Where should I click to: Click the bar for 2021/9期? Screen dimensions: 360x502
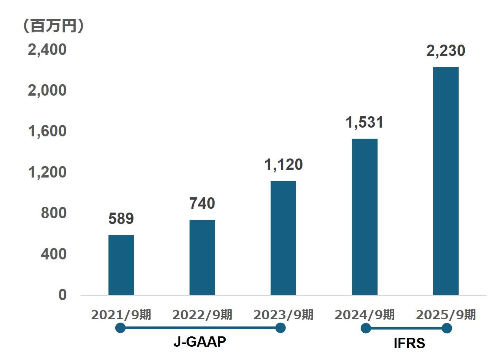pos(121,265)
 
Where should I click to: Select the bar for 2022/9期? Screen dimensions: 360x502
pos(202,257)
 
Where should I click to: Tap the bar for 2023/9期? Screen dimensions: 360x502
pos(283,238)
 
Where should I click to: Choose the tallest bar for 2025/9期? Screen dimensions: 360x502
pos(446,181)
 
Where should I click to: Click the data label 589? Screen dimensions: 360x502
pos(121,219)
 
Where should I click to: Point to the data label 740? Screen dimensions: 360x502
pos(202,204)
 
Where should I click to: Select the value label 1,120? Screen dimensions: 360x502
pos(283,165)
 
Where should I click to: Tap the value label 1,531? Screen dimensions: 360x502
pos(365,122)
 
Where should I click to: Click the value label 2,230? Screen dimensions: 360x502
pos(446,51)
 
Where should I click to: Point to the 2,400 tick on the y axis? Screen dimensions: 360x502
pos(47,50)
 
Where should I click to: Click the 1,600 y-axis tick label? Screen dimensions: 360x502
pos(47,131)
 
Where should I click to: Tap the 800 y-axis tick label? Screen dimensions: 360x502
pos(53,213)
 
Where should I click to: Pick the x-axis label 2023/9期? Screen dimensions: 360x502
pos(283,315)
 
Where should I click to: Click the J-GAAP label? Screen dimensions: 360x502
pos(199,342)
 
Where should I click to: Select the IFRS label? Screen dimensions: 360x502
pos(409,344)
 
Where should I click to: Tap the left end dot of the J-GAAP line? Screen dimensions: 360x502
pos(120,328)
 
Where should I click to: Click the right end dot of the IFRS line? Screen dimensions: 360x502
pos(447,328)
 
